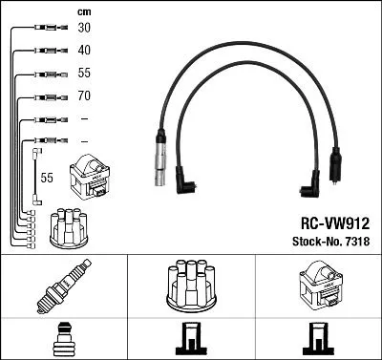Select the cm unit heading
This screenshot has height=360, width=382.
coord(84,11)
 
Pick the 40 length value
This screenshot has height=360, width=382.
coord(84,50)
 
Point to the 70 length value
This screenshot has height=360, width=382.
coord(84,96)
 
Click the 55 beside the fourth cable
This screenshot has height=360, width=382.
coord(84,74)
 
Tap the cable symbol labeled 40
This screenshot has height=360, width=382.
coord(45,50)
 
